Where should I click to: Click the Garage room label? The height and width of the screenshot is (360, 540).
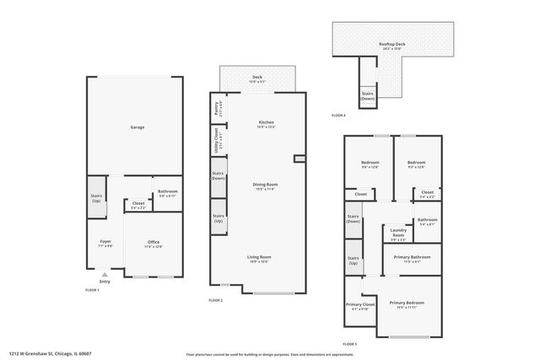(x=137, y=127)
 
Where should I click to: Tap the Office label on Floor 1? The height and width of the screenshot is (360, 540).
(x=154, y=244)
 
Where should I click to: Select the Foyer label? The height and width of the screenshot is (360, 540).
(x=105, y=243)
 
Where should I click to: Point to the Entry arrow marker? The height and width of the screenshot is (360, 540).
(x=105, y=277)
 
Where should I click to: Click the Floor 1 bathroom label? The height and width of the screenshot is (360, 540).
(x=167, y=193)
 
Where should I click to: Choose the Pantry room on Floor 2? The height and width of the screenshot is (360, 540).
(x=216, y=108)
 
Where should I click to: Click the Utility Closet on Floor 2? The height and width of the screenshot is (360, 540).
(x=216, y=140)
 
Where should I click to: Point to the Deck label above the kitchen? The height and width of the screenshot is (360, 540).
(x=256, y=78)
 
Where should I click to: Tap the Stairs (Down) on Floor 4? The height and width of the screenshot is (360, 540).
(x=367, y=96)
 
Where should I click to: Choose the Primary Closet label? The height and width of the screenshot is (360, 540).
(x=360, y=306)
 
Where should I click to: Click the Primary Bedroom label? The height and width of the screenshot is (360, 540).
(x=408, y=304)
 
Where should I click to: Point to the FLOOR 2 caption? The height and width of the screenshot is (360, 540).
(x=216, y=299)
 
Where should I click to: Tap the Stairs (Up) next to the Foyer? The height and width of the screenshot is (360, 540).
(x=95, y=199)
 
